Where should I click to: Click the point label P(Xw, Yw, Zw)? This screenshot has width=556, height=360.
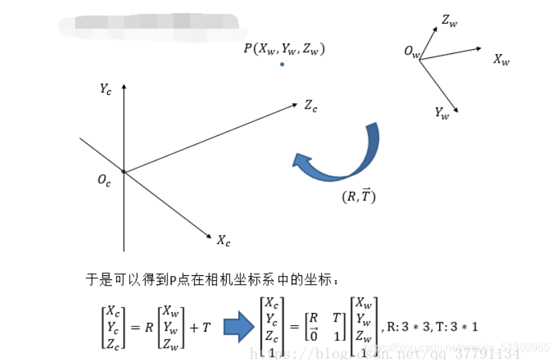point(284,49)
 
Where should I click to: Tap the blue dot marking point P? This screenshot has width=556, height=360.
point(281,64)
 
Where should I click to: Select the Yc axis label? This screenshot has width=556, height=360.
point(105,89)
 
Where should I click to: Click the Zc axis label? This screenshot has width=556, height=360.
point(311,106)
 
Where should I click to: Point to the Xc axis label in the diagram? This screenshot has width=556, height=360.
point(223,240)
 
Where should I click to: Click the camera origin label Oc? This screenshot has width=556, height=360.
point(104,181)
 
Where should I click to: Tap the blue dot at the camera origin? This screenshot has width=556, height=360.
point(124,171)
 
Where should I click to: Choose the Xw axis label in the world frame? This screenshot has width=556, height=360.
point(501,59)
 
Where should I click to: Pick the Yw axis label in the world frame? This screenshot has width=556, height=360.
point(442,113)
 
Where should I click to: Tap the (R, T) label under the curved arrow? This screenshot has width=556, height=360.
point(359,197)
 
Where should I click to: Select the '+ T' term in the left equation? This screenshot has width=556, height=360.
point(200,327)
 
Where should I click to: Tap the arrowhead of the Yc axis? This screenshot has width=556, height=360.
point(124,87)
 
